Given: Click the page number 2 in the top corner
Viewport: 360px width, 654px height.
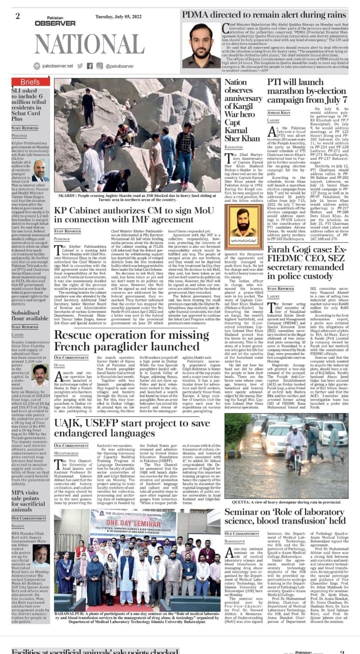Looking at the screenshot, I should coord(17,15).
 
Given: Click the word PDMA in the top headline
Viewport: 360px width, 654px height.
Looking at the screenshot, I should coord(196,14).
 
